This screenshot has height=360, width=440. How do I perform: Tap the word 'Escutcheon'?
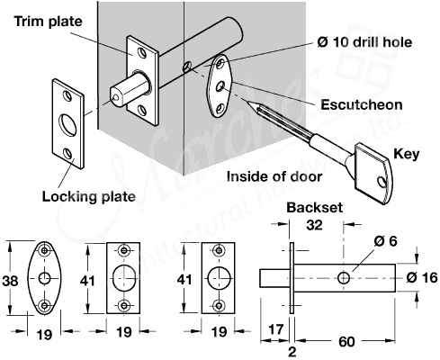(360, 104)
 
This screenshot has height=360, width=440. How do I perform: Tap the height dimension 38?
(10, 280)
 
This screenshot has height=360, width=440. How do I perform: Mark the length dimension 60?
(346, 343)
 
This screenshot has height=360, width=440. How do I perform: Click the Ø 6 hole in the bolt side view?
(344, 276)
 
